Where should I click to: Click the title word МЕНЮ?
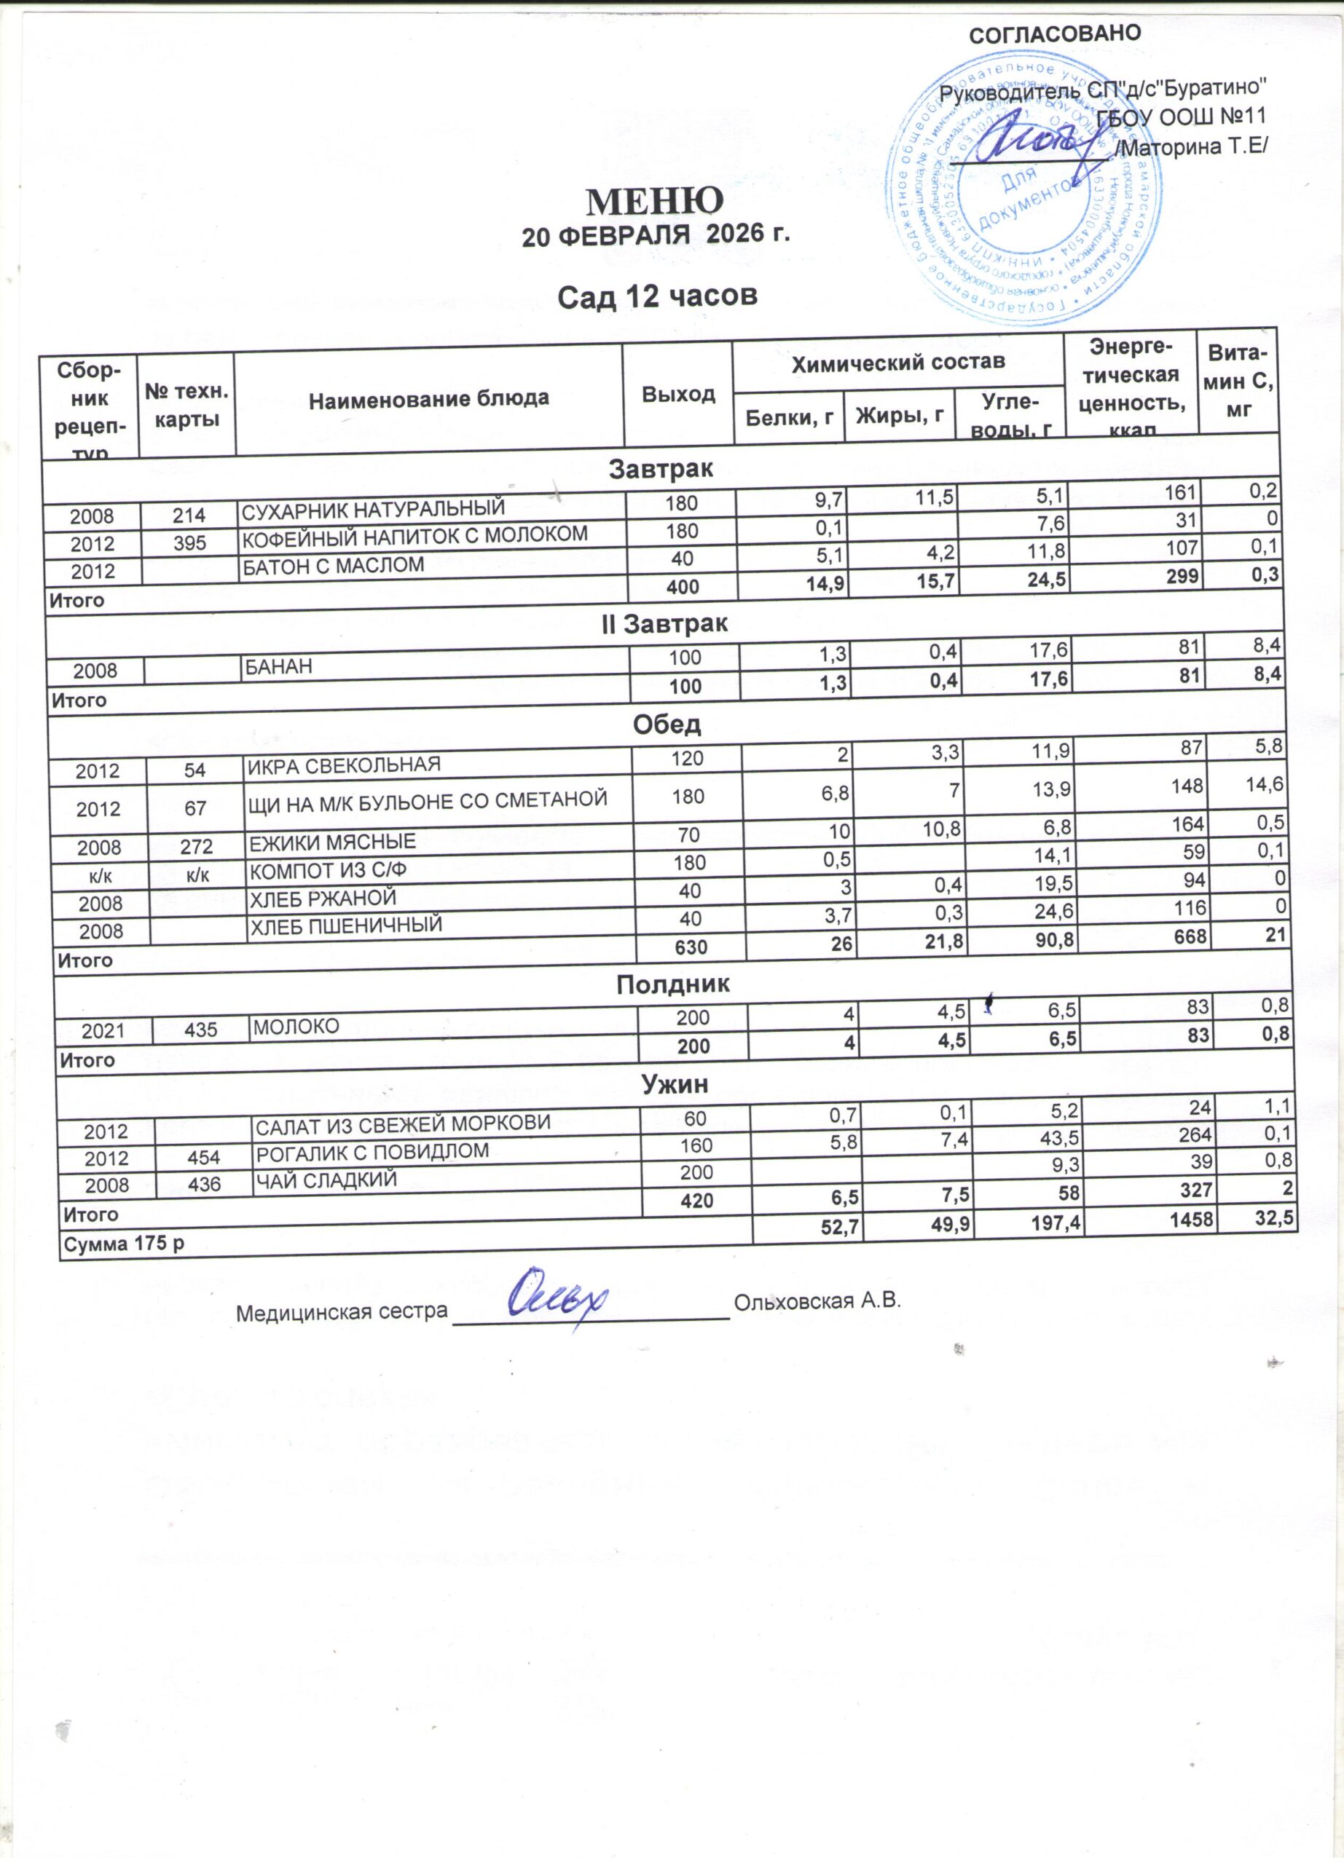pos(654,200)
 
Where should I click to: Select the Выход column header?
pos(678,394)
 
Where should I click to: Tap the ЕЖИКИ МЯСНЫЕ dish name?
pos(333,842)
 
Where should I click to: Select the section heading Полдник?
pos(672,984)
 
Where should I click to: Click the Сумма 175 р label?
pos(124,1244)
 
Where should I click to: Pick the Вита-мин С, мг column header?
pos(1238,382)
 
